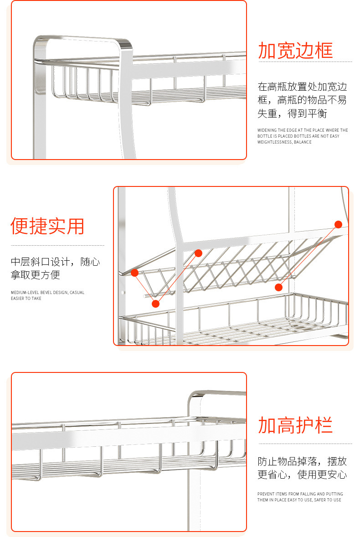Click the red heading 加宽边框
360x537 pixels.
[x=295, y=51]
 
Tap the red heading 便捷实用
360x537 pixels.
[x=47, y=226]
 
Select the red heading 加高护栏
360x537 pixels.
[x=295, y=425]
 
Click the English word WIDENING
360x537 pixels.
[x=267, y=130]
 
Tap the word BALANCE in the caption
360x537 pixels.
[x=303, y=142]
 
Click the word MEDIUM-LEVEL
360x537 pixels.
[x=23, y=293]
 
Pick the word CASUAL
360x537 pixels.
[x=77, y=293]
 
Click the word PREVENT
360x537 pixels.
[x=266, y=494]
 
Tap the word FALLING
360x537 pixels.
[x=310, y=494]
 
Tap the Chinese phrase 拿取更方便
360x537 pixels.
[x=36, y=275]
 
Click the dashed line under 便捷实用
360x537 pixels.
[x=57, y=245]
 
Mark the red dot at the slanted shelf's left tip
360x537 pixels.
[x=134, y=273]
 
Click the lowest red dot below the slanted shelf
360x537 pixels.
[x=156, y=303]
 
